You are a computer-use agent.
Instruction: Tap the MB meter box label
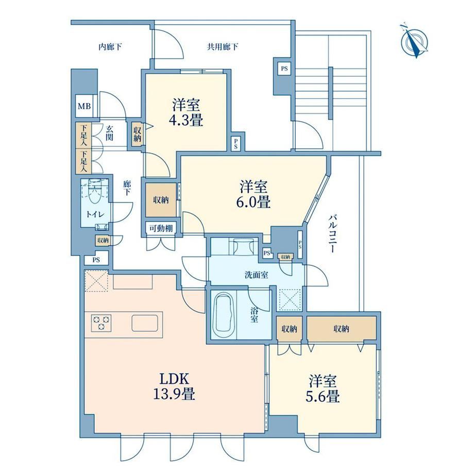[84, 106]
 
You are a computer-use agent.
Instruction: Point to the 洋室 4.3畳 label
[186, 113]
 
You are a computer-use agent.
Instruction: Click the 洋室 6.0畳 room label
[253, 194]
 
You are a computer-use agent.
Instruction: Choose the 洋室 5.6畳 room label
[323, 389]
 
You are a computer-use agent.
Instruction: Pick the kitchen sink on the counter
[145, 323]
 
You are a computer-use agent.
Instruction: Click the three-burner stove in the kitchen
[101, 323]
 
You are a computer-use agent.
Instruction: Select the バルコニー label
[333, 233]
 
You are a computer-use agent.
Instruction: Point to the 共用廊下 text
[223, 47]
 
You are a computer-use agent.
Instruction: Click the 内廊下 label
[110, 47]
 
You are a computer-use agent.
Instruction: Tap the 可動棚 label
[161, 228]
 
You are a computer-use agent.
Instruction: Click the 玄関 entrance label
[109, 133]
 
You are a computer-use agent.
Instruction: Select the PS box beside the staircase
[284, 69]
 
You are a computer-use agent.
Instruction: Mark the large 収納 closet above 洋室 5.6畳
[342, 328]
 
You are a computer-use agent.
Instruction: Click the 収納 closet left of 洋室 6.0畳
[161, 200]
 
